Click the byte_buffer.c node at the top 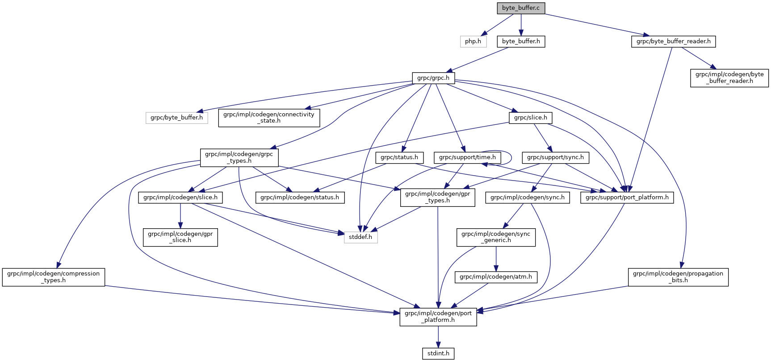(521, 8)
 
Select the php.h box (473, 41)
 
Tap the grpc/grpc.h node (433, 78)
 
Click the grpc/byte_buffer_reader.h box (673, 41)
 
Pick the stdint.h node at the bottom (438, 354)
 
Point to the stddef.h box (360, 237)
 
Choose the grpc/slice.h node (530, 118)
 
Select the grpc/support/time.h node (467, 157)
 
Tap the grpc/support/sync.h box (555, 157)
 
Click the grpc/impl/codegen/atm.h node (496, 277)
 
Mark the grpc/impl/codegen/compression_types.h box (54, 277)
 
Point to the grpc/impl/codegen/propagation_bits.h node (678, 277)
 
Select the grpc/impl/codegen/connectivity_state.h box (269, 118)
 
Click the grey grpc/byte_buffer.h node (176, 118)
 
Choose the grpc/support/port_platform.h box (627, 197)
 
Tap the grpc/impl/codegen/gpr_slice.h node (180, 237)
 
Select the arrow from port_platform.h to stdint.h (438, 337)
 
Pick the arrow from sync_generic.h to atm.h (496, 259)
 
